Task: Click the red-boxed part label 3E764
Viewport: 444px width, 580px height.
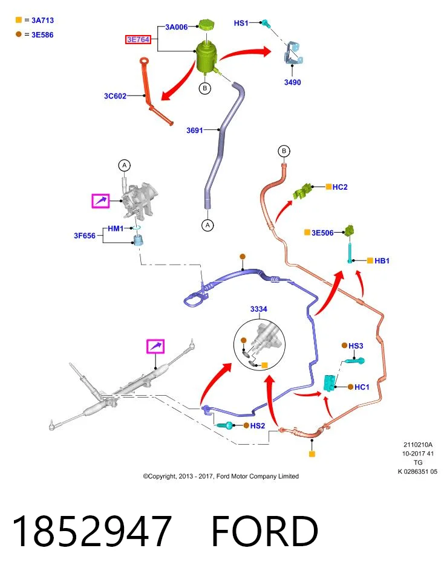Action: pos(138,39)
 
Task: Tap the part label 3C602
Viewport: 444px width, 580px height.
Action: pos(115,96)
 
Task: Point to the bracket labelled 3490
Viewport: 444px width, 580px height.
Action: pos(294,53)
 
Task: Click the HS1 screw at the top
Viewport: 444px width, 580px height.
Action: pos(266,23)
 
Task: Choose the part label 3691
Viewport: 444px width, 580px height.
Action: pos(195,130)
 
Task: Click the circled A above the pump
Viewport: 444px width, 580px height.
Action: pos(125,166)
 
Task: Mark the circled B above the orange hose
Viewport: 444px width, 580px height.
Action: pos(284,151)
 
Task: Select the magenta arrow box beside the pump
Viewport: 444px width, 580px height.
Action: pos(101,201)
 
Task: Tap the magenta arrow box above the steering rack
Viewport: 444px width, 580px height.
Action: pos(155,346)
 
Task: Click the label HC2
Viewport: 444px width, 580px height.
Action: pos(340,187)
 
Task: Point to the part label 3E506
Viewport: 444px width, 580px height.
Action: pos(322,233)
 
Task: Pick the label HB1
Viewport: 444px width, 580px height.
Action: pos(382,261)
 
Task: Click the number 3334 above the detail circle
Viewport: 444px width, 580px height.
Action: pos(258,309)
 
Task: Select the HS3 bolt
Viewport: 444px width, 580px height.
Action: pos(354,360)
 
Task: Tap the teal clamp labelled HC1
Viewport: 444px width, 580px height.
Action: pos(329,383)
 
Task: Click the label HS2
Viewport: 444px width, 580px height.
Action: pos(257,426)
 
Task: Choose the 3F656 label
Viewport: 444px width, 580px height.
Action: pos(85,236)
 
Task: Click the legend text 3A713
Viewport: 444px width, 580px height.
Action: pos(42,21)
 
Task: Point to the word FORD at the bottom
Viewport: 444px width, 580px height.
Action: pos(264,531)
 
